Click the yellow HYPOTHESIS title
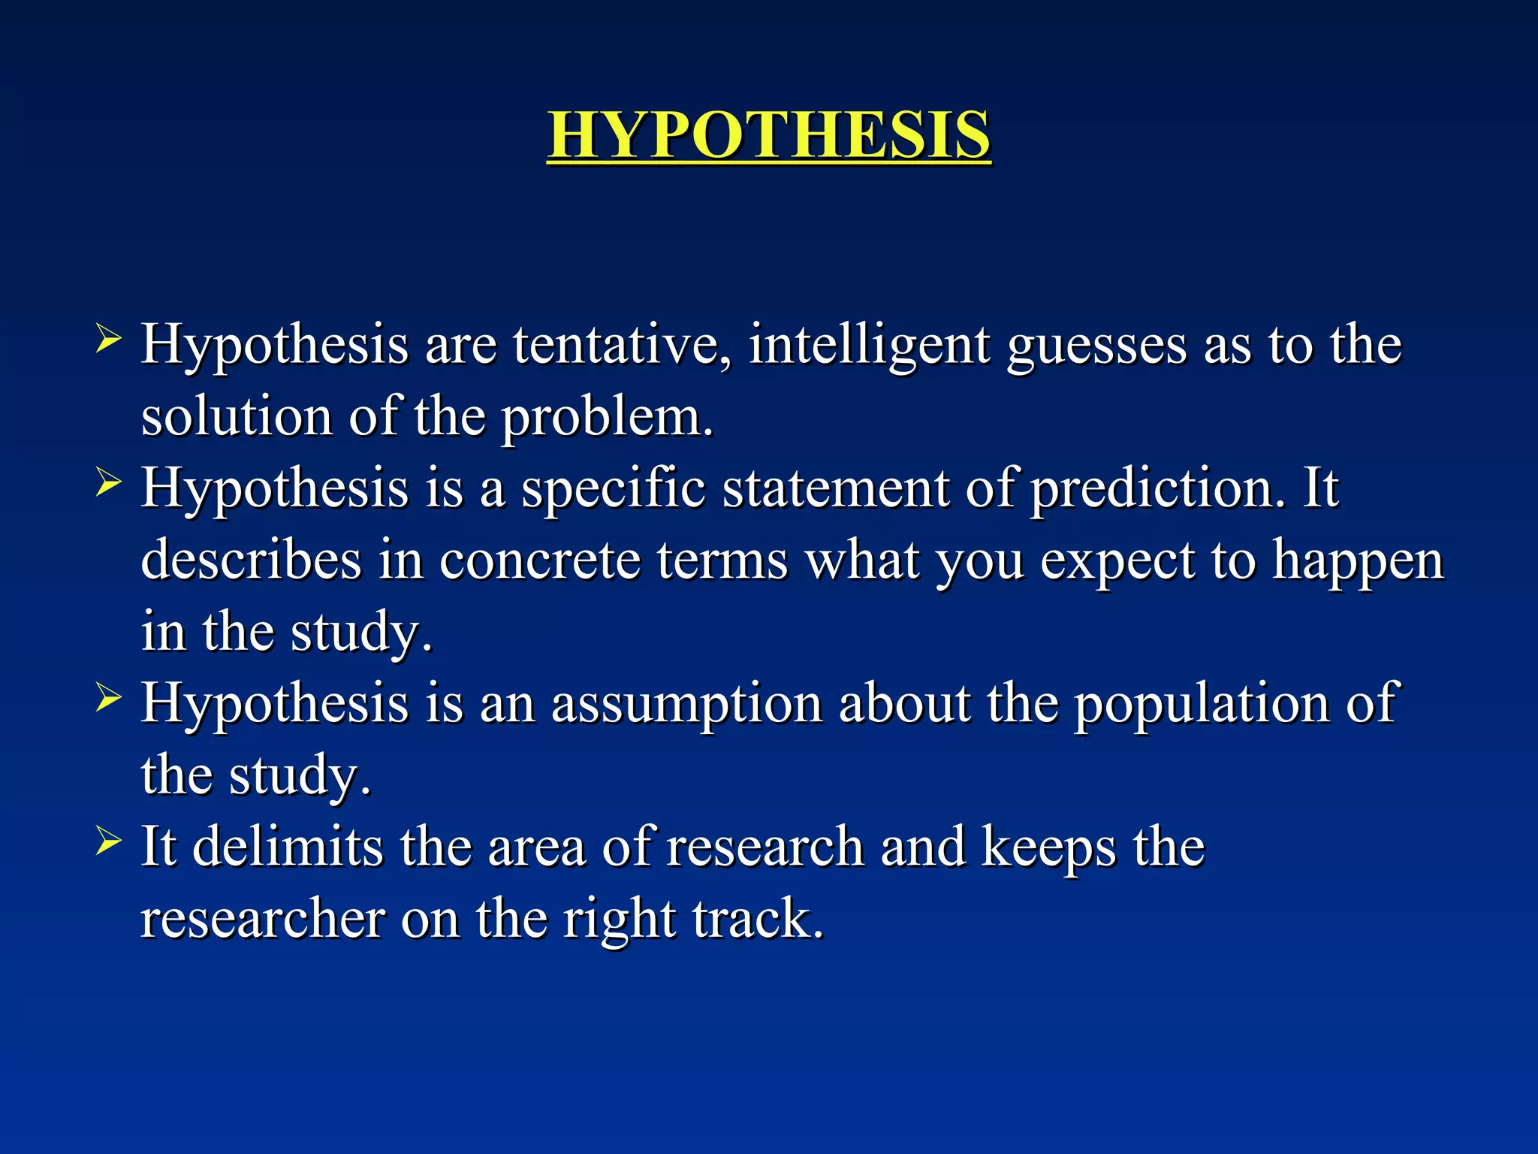coord(768,135)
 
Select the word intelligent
coord(870,346)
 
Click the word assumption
coord(686,705)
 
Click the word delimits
coord(288,847)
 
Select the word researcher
coord(263,919)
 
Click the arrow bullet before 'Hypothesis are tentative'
coord(108,340)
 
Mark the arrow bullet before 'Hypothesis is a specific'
coord(108,484)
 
